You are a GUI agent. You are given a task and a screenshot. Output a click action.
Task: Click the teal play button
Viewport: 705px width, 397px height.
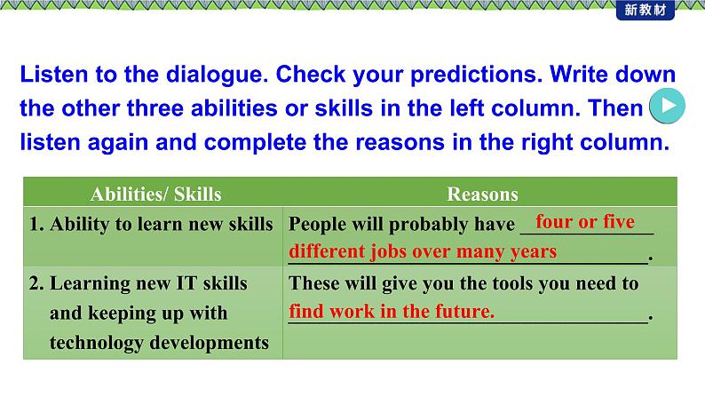[x=668, y=106]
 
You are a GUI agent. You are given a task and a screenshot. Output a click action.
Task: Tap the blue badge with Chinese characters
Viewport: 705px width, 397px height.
[x=646, y=10]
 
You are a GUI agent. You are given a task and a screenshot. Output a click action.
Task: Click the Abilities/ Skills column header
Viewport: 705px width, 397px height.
[x=155, y=195]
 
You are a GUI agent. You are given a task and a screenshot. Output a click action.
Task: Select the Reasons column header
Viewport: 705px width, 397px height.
[x=482, y=195]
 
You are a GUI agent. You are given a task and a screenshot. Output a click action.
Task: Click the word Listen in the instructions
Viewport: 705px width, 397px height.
[x=54, y=75]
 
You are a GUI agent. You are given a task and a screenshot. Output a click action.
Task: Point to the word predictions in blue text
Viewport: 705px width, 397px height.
[x=476, y=75]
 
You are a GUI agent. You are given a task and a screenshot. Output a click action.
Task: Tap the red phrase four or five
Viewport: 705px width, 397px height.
[x=585, y=222]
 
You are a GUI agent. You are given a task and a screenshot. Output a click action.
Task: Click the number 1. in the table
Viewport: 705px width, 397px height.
[x=36, y=224]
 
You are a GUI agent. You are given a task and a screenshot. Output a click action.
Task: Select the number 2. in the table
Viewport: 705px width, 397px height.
[x=37, y=283]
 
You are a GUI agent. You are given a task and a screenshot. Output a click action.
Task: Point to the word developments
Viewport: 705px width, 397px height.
[x=209, y=343]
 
